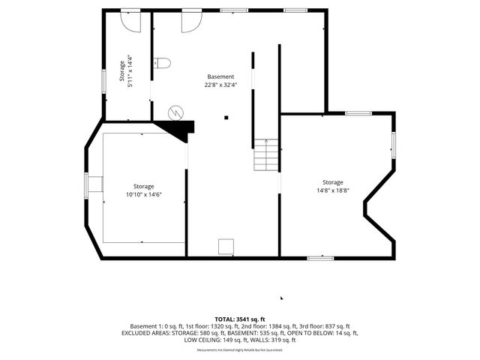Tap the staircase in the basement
265,155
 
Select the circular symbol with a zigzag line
175,112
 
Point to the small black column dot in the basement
225,117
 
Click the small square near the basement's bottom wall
225,247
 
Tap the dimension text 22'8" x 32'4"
220,85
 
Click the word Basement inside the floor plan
220,76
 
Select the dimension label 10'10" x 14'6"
144,194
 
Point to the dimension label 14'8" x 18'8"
333,190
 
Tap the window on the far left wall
87,184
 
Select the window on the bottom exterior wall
320,258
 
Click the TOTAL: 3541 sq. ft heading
240,319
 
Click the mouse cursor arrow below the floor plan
282,298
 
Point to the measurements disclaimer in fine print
240,349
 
